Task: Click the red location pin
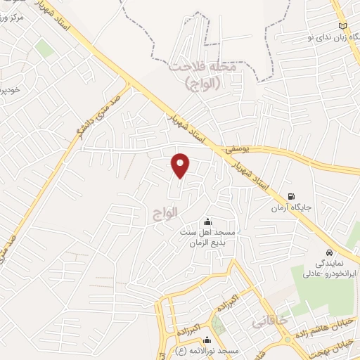click(x=181, y=165)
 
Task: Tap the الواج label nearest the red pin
click(x=164, y=210)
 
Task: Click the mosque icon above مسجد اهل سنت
click(x=206, y=222)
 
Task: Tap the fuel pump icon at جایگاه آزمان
click(x=291, y=198)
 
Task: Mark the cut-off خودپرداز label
click(x=8, y=89)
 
